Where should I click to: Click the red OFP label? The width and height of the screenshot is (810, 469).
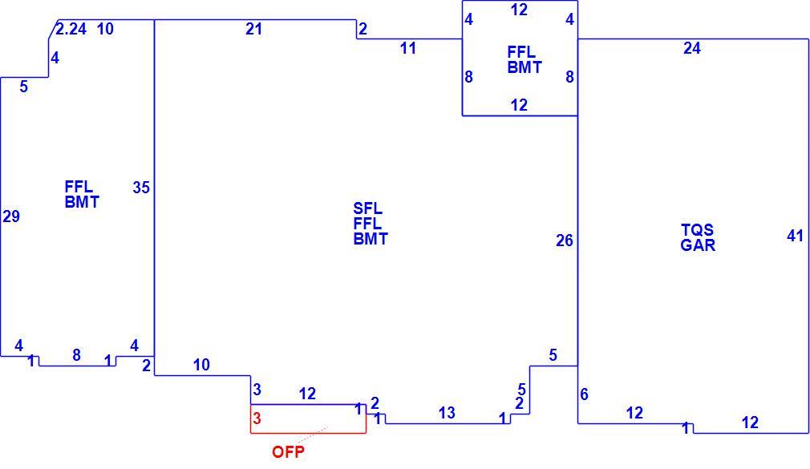click(288, 451)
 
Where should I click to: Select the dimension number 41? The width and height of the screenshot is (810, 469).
click(795, 236)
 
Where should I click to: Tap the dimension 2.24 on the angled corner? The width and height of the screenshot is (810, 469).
click(71, 29)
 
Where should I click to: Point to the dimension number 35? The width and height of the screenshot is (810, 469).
click(141, 187)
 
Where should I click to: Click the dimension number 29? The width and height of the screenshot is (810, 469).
click(11, 216)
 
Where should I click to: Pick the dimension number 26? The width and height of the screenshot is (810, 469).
click(565, 241)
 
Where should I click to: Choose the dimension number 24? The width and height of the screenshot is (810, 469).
click(691, 48)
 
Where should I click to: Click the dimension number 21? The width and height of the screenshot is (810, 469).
click(253, 29)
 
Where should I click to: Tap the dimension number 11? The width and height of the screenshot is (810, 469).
click(407, 49)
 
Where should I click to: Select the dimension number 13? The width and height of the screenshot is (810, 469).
click(447, 413)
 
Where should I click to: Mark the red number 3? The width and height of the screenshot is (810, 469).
click(257, 418)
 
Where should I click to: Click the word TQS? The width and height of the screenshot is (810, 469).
click(698, 229)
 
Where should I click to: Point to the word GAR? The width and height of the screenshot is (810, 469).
click(698, 245)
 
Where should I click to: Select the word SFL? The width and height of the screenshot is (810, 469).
click(368, 208)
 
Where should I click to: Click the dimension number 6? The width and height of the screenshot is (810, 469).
click(585, 394)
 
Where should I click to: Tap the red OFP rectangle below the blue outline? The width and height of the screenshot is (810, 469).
click(309, 433)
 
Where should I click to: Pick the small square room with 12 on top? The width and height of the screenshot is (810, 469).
click(520, 115)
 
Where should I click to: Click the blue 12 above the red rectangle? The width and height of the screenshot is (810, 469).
click(307, 394)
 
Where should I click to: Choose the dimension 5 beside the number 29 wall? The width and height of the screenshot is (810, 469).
click(24, 87)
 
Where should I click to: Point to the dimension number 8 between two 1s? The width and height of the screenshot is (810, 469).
click(76, 355)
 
